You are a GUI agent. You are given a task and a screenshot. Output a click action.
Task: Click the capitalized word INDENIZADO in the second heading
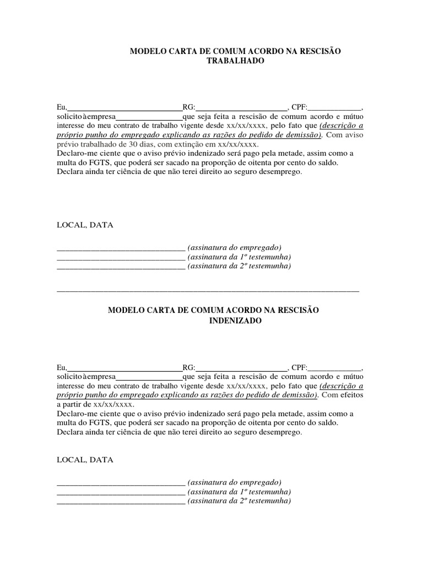[x=235, y=321]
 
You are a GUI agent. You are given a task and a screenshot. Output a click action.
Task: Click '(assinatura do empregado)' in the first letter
[x=235, y=247]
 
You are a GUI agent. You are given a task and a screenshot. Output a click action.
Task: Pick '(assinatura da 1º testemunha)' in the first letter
[x=239, y=257]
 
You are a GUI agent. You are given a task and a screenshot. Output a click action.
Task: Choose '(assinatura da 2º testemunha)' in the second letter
[x=239, y=501]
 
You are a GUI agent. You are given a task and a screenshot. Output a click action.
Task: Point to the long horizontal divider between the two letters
[x=208, y=290]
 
